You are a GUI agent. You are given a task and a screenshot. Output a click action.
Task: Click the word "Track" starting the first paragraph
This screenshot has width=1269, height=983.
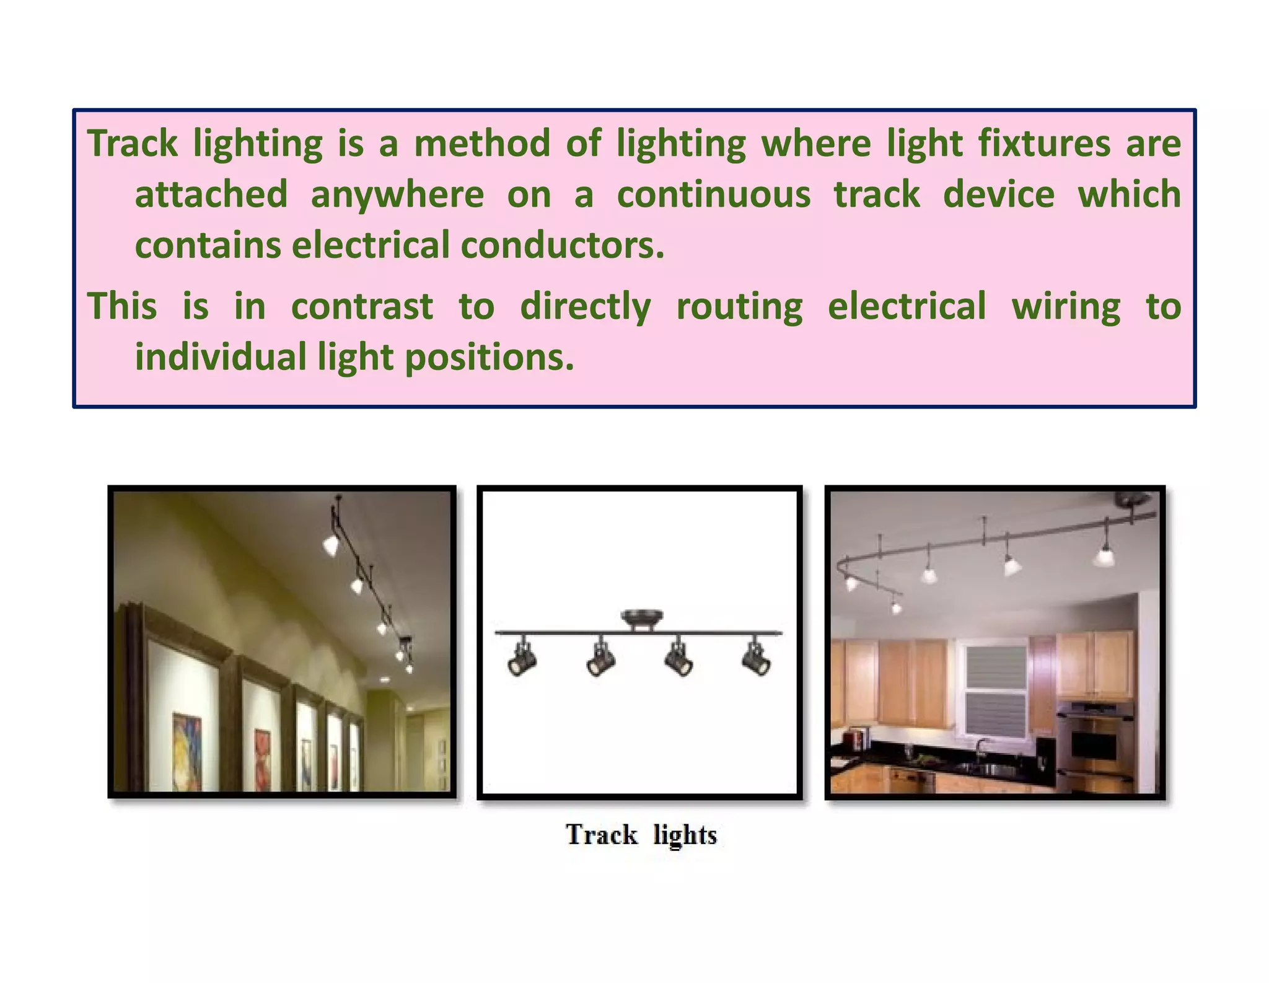132,143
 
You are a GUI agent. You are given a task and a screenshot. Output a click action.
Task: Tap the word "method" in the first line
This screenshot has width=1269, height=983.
482,143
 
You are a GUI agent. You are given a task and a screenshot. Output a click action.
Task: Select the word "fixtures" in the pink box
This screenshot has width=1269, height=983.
1045,143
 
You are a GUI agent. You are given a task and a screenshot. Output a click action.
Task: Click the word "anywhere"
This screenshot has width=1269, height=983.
397,195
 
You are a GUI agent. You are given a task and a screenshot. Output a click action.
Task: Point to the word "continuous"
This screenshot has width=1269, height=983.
714,195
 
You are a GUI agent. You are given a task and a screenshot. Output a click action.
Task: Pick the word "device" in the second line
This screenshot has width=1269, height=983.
999,195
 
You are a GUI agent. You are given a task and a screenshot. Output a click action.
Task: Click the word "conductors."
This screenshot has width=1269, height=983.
563,245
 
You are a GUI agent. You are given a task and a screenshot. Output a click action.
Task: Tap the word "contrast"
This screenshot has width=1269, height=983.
362,306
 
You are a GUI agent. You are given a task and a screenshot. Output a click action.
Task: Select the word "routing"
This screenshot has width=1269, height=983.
739,306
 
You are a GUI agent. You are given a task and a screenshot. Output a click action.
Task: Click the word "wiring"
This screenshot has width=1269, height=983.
1066,306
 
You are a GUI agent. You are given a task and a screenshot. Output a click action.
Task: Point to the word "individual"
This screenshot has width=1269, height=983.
221,358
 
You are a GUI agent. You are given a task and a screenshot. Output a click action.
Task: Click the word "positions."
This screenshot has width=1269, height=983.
490,358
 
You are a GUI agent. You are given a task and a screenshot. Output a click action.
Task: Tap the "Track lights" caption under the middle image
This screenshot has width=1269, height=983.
641,835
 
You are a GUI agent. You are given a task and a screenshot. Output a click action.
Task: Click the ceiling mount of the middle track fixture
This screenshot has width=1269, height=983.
641,619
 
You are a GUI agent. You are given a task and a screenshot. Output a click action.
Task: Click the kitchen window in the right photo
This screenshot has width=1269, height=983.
992,690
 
